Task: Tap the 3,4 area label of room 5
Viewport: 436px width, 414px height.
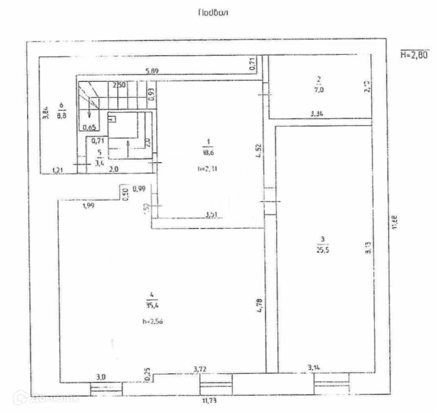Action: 100,163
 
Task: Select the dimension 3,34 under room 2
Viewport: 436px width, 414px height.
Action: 318,114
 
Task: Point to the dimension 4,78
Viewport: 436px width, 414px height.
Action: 260,305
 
